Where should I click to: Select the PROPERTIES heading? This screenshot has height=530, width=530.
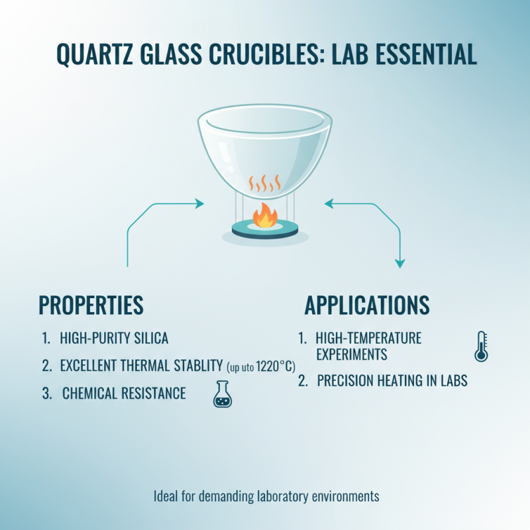(91, 305)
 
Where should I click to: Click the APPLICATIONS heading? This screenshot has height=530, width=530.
(367, 305)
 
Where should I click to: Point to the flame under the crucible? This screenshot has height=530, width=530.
(265, 216)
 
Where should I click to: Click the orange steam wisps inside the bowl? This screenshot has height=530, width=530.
(265, 182)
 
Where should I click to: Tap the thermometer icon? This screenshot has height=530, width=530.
(482, 346)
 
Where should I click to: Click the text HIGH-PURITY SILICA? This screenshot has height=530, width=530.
(114, 339)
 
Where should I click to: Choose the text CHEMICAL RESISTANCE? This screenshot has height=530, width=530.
(124, 394)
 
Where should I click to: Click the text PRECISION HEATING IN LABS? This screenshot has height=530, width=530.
(392, 381)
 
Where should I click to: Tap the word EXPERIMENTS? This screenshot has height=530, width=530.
(351, 354)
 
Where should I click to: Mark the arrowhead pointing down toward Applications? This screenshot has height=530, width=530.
(399, 263)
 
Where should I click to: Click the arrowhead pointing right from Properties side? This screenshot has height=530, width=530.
(199, 204)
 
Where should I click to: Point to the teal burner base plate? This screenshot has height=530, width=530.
(265, 231)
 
